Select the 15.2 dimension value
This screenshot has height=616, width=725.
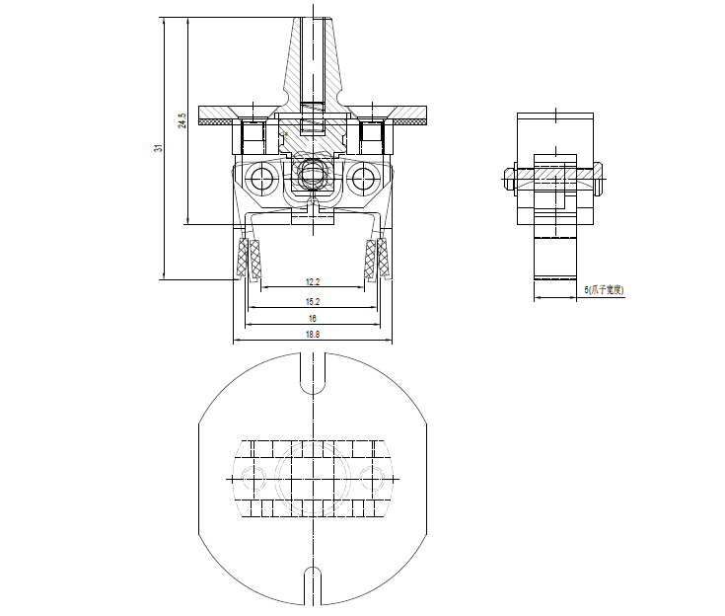(x=312, y=300)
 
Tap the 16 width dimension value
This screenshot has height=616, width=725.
(x=312, y=319)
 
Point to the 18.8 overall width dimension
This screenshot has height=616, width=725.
(x=312, y=336)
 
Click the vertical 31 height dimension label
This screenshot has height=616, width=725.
(x=158, y=147)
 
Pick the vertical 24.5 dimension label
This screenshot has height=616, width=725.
(x=181, y=121)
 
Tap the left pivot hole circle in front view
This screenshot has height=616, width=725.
(x=262, y=179)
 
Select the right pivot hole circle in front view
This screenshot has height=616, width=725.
(x=363, y=179)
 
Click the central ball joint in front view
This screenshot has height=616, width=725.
(x=313, y=176)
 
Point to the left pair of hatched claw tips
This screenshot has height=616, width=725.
(x=248, y=260)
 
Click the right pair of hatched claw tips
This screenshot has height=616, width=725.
(x=377, y=260)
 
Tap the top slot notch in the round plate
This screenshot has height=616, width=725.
(x=312, y=372)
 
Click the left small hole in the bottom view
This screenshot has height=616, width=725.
(x=254, y=480)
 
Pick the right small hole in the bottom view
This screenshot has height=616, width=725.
(x=371, y=480)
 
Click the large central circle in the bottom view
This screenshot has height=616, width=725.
(x=312, y=480)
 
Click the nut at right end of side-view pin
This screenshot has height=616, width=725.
(x=599, y=180)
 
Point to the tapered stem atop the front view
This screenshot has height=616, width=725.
(x=313, y=59)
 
